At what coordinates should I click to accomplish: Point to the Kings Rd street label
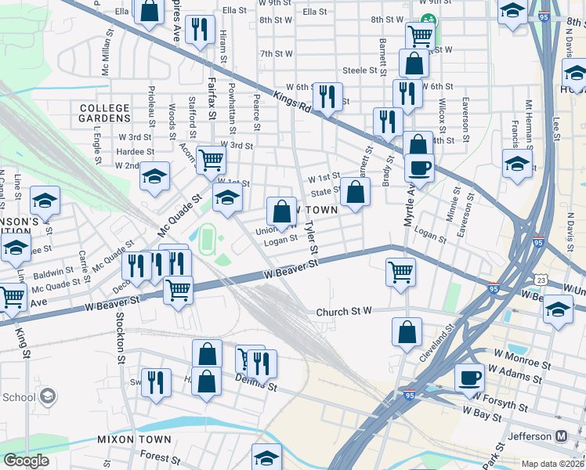click(294, 101)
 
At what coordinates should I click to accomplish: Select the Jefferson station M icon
click(561, 436)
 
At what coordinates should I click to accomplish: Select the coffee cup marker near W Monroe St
click(469, 377)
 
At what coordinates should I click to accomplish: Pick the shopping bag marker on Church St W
click(407, 331)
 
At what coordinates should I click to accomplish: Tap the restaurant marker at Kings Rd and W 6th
click(327, 96)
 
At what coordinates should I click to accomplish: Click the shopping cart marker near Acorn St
click(211, 160)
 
